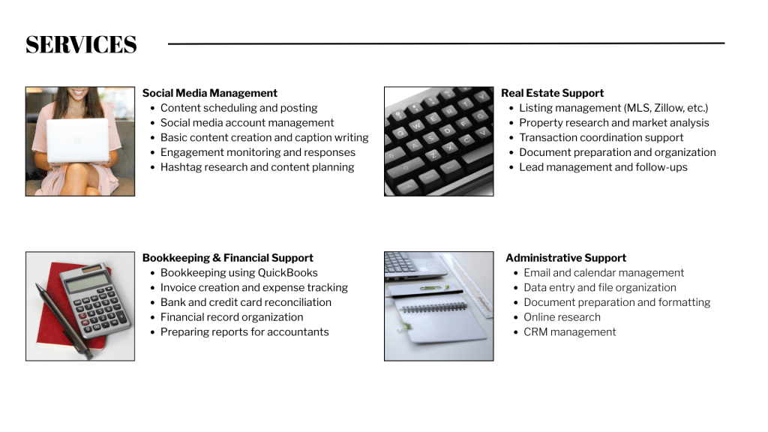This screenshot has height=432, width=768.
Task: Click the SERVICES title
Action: pos(81,44)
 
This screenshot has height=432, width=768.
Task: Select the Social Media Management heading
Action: pos(210,93)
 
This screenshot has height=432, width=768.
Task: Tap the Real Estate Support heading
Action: pos(552,93)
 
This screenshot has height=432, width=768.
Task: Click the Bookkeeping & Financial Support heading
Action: pos(228,258)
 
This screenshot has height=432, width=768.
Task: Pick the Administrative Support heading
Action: pos(565,258)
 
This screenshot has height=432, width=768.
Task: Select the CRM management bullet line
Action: pos(570,332)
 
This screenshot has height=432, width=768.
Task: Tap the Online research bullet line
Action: pos(562,317)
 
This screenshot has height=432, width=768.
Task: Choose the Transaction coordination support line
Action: pos(601,138)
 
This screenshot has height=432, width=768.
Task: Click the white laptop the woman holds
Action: pos(77,140)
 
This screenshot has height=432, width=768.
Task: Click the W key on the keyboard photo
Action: pos(416,125)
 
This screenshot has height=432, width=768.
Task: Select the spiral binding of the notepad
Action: pos(433,307)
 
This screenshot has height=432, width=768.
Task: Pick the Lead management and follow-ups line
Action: pos(603,167)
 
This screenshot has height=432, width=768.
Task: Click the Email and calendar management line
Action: pos(604,273)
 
